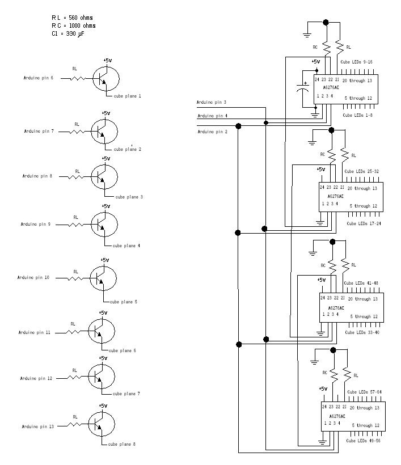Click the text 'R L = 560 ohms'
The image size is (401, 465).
point(72,18)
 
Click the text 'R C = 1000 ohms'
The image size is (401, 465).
point(74,26)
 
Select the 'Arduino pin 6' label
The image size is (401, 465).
point(39,78)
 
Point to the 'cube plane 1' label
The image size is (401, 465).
point(128,96)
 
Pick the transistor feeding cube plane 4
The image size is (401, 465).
point(104,225)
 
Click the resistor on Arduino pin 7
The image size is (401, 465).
point(77,132)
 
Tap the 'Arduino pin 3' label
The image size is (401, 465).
point(212,103)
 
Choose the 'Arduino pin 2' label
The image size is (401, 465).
point(212,132)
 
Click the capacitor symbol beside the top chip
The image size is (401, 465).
point(301,90)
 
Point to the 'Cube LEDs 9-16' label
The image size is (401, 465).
point(356,61)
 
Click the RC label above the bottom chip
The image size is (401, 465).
point(325,373)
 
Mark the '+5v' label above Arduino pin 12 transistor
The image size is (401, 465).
point(103,358)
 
